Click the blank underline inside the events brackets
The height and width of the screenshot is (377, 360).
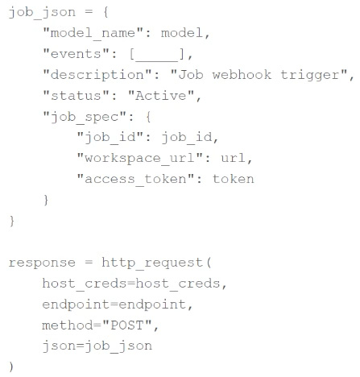pos(157,61)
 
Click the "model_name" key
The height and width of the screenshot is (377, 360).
pos(93,34)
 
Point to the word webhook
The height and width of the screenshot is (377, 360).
pos(242,75)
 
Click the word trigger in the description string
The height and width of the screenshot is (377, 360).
pos(310,76)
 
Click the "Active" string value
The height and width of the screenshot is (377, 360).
pos(161,96)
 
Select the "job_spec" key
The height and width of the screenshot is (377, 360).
pos(85,118)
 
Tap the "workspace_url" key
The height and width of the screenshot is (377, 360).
pos(139,159)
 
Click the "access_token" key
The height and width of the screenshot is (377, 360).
pos(135,180)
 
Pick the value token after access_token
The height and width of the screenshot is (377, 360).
pos(234,179)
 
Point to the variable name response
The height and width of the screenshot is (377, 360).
pos(42,263)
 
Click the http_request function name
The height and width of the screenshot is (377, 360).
pos(152,263)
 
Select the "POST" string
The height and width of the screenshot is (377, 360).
pos(127,325)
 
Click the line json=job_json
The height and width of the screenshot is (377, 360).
pos(97,346)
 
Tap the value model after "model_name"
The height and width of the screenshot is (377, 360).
pos(182,33)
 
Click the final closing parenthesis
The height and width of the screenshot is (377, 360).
pos(11,367)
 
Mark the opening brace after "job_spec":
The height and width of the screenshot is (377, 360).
pos(148,117)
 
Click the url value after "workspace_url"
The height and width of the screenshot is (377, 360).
pos(233,158)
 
